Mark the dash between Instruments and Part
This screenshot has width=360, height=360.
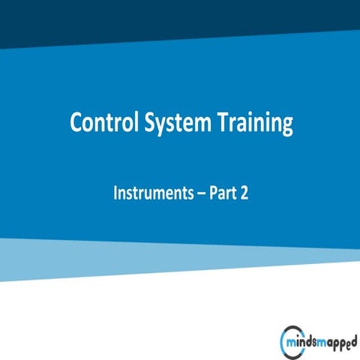point(194,193)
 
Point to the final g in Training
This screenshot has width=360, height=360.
point(286,127)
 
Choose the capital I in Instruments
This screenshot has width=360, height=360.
point(115,192)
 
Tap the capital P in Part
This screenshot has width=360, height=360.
point(208,192)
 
